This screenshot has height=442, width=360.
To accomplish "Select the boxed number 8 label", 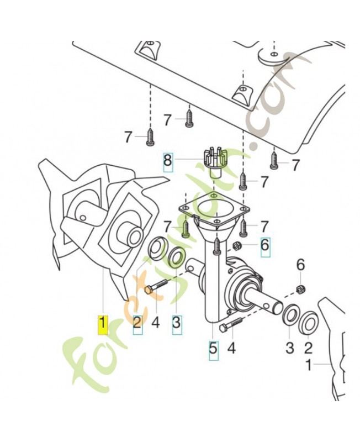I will pyautogui.click(x=167, y=161).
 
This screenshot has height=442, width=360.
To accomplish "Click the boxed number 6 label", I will pyautogui.click(x=265, y=244).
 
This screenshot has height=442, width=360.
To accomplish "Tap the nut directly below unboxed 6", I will pyautogui.click(x=301, y=288).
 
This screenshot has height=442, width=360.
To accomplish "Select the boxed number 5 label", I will pyautogui.click(x=213, y=349).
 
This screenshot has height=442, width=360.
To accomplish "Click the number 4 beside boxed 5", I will pyautogui.click(x=232, y=349).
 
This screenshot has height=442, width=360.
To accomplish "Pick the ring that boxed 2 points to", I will pyautogui.click(x=158, y=247).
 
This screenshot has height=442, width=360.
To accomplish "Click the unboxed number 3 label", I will pyautogui.click(x=289, y=349).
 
